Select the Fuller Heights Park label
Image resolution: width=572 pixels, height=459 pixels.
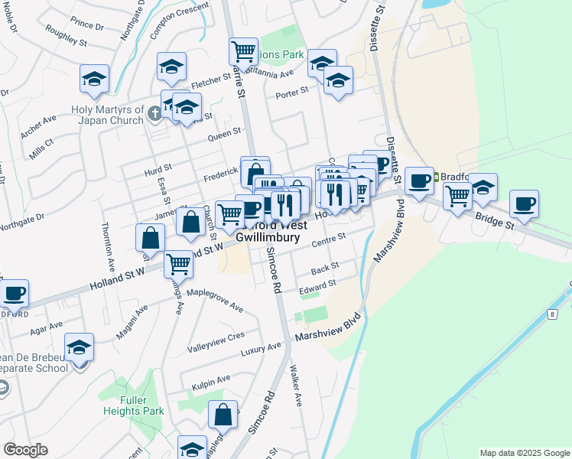coord(142,405)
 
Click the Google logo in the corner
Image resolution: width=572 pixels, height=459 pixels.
coord(25,450)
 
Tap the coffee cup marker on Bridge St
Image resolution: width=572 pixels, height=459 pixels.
coord(525,204)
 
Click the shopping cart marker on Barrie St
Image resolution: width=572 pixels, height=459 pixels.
coord(243,52)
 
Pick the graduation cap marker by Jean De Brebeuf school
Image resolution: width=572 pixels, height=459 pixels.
coord(80,348)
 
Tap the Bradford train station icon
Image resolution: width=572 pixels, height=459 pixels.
coord(437,177)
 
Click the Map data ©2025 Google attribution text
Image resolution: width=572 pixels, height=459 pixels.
coord(524,453)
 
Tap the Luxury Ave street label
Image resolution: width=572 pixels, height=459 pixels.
coord(262,349)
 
